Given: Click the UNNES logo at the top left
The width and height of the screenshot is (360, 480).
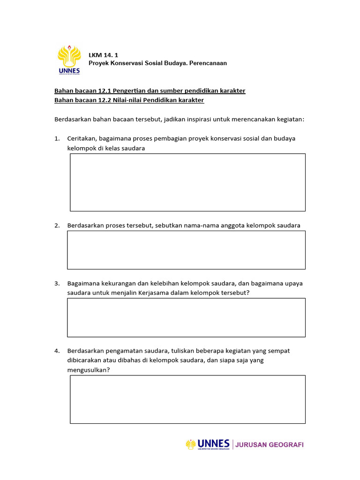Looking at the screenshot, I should (x=69, y=60).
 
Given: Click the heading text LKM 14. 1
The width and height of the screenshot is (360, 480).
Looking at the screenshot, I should (x=104, y=55).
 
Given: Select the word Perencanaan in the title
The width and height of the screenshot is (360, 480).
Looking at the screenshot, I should (x=208, y=63).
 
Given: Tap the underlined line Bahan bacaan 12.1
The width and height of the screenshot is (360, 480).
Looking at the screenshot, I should (x=150, y=90).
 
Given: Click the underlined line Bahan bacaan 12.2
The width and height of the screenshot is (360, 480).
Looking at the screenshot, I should (x=129, y=100).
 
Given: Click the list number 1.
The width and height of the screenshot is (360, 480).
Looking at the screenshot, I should (x=57, y=139).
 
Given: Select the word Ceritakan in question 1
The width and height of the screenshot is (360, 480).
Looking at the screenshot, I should (x=82, y=139).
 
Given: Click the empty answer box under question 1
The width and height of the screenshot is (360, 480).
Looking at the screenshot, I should (x=187, y=182).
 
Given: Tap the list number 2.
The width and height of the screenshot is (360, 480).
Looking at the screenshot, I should (x=57, y=225).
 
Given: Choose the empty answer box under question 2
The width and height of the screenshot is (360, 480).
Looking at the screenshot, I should (x=186, y=250).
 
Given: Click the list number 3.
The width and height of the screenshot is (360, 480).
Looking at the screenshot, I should (x=57, y=284).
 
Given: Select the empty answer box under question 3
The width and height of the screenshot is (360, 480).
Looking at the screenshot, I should (x=186, y=317).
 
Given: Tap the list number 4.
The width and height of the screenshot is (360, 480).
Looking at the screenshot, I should (x=57, y=351).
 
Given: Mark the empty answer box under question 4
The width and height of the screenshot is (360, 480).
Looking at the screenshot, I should (x=187, y=399).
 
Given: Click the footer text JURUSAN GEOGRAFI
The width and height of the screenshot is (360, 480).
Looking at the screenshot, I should (x=270, y=445).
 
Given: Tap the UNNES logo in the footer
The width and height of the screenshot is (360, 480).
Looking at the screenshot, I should (x=208, y=444).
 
